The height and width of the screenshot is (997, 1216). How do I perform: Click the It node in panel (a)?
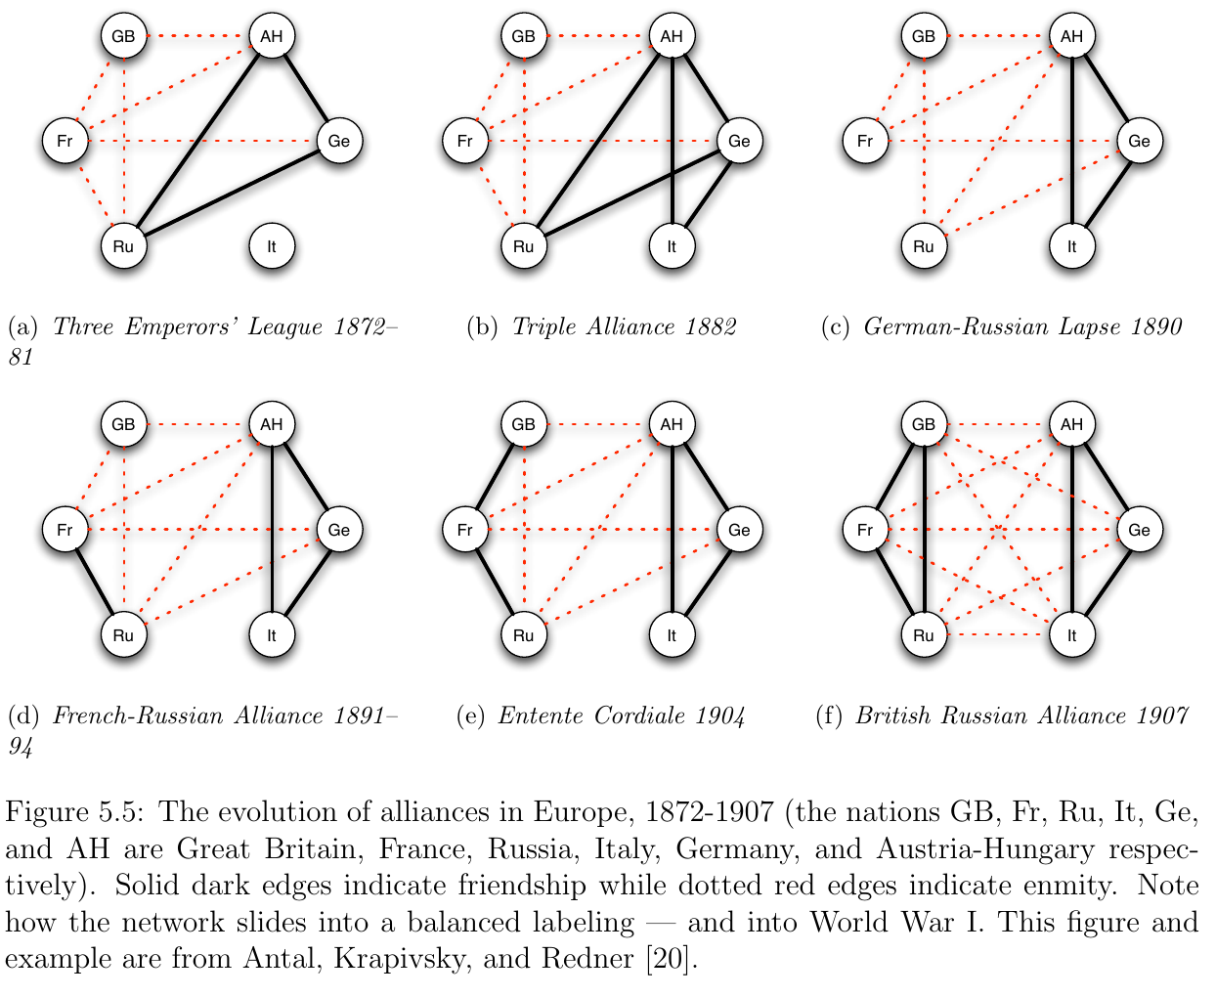click(272, 246)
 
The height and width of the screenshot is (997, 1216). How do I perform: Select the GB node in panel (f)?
click(924, 424)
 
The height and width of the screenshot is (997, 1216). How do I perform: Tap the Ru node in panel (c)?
click(924, 246)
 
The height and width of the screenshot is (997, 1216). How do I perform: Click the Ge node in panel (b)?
click(739, 141)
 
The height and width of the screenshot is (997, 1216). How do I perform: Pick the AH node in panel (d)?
click(272, 424)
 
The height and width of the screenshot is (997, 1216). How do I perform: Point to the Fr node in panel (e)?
click(465, 530)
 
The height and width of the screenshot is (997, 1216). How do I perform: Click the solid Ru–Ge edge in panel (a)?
click(232, 194)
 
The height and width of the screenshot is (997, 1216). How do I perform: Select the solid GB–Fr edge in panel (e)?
click(495, 477)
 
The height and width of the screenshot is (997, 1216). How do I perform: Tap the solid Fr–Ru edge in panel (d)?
click(94, 583)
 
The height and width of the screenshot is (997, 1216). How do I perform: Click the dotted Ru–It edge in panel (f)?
click(998, 635)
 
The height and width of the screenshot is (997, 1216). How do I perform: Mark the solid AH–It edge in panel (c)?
click(1072, 142)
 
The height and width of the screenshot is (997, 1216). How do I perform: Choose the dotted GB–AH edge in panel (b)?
click(597, 37)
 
